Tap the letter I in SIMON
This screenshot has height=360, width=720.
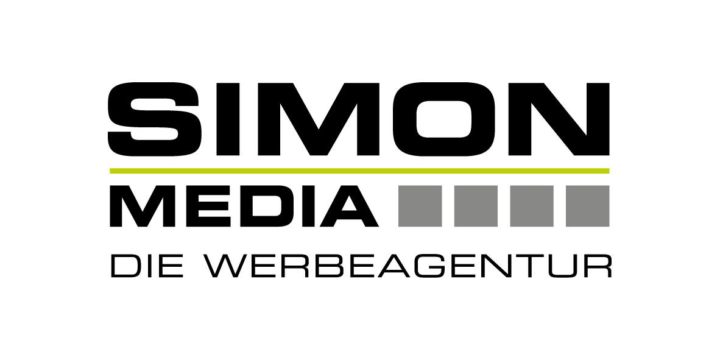pyautogui.click(x=228, y=119)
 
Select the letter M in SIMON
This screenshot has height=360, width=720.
pyautogui.click(x=319, y=119)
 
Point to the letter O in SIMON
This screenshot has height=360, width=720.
pyautogui.click(x=443, y=119)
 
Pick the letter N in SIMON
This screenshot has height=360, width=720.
pyautogui.click(x=559, y=119)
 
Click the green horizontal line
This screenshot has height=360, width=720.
pyautogui.click(x=359, y=171)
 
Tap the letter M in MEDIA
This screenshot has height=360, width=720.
pyautogui.click(x=143, y=206)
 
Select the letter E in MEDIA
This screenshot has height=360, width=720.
pyautogui.click(x=208, y=206)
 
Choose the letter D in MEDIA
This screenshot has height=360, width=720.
pyautogui.click(x=267, y=206)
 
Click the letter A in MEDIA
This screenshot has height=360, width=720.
pyautogui.click(x=350, y=206)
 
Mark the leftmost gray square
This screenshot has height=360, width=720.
pyautogui.click(x=420, y=206)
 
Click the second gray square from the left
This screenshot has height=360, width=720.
pyautogui.click(x=476, y=206)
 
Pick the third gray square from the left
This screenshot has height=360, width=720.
pyautogui.click(x=532, y=206)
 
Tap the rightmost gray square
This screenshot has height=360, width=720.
pyautogui.click(x=587, y=206)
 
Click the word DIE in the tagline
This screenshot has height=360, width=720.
pyautogui.click(x=147, y=266)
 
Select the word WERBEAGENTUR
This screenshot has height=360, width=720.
pyautogui.click(x=408, y=266)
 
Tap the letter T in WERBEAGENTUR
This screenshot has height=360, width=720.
pyautogui.click(x=529, y=266)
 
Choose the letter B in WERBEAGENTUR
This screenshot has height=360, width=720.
pyautogui.click(x=328, y=266)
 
